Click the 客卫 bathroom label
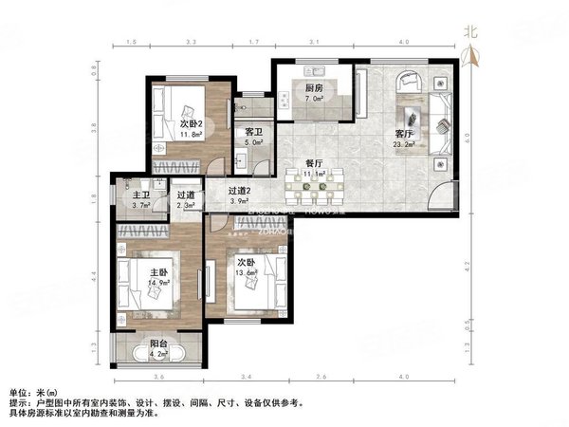pos(253,133)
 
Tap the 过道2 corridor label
pos(240,191)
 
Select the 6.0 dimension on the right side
pos(466,135)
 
